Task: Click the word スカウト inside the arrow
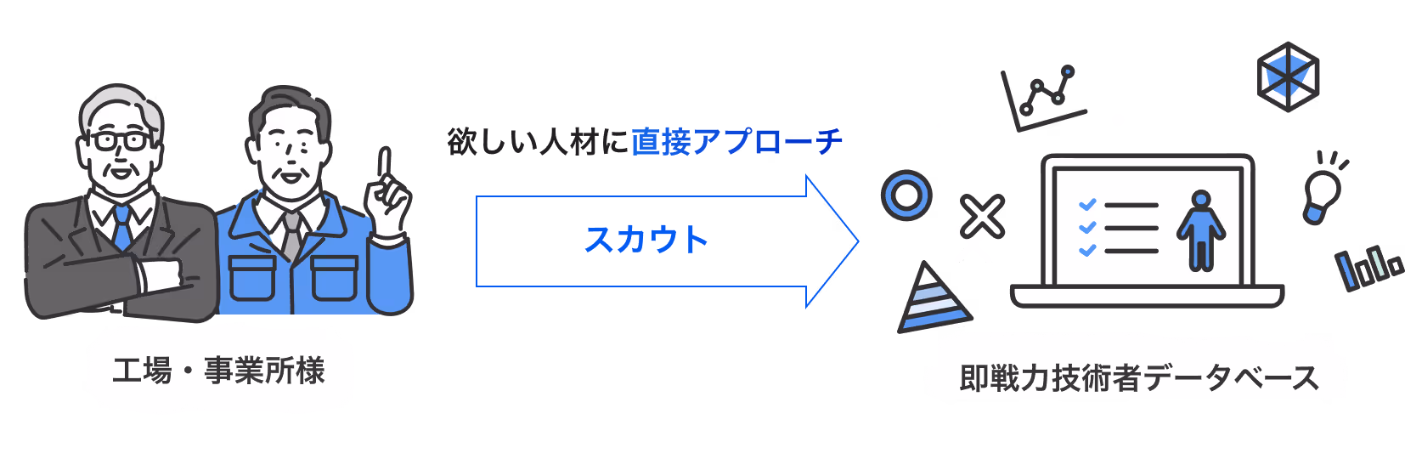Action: point(646,240)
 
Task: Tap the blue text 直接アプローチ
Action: point(736,142)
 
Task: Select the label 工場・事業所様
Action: point(219,371)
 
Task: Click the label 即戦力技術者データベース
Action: point(1138,378)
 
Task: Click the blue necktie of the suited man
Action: point(122,225)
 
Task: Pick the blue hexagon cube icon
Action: point(1288,76)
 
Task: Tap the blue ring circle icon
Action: point(906,195)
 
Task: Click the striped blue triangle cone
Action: point(932,299)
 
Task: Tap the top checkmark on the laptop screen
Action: point(1086,205)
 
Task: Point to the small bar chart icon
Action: point(1367,267)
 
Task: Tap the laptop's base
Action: point(1147,296)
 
